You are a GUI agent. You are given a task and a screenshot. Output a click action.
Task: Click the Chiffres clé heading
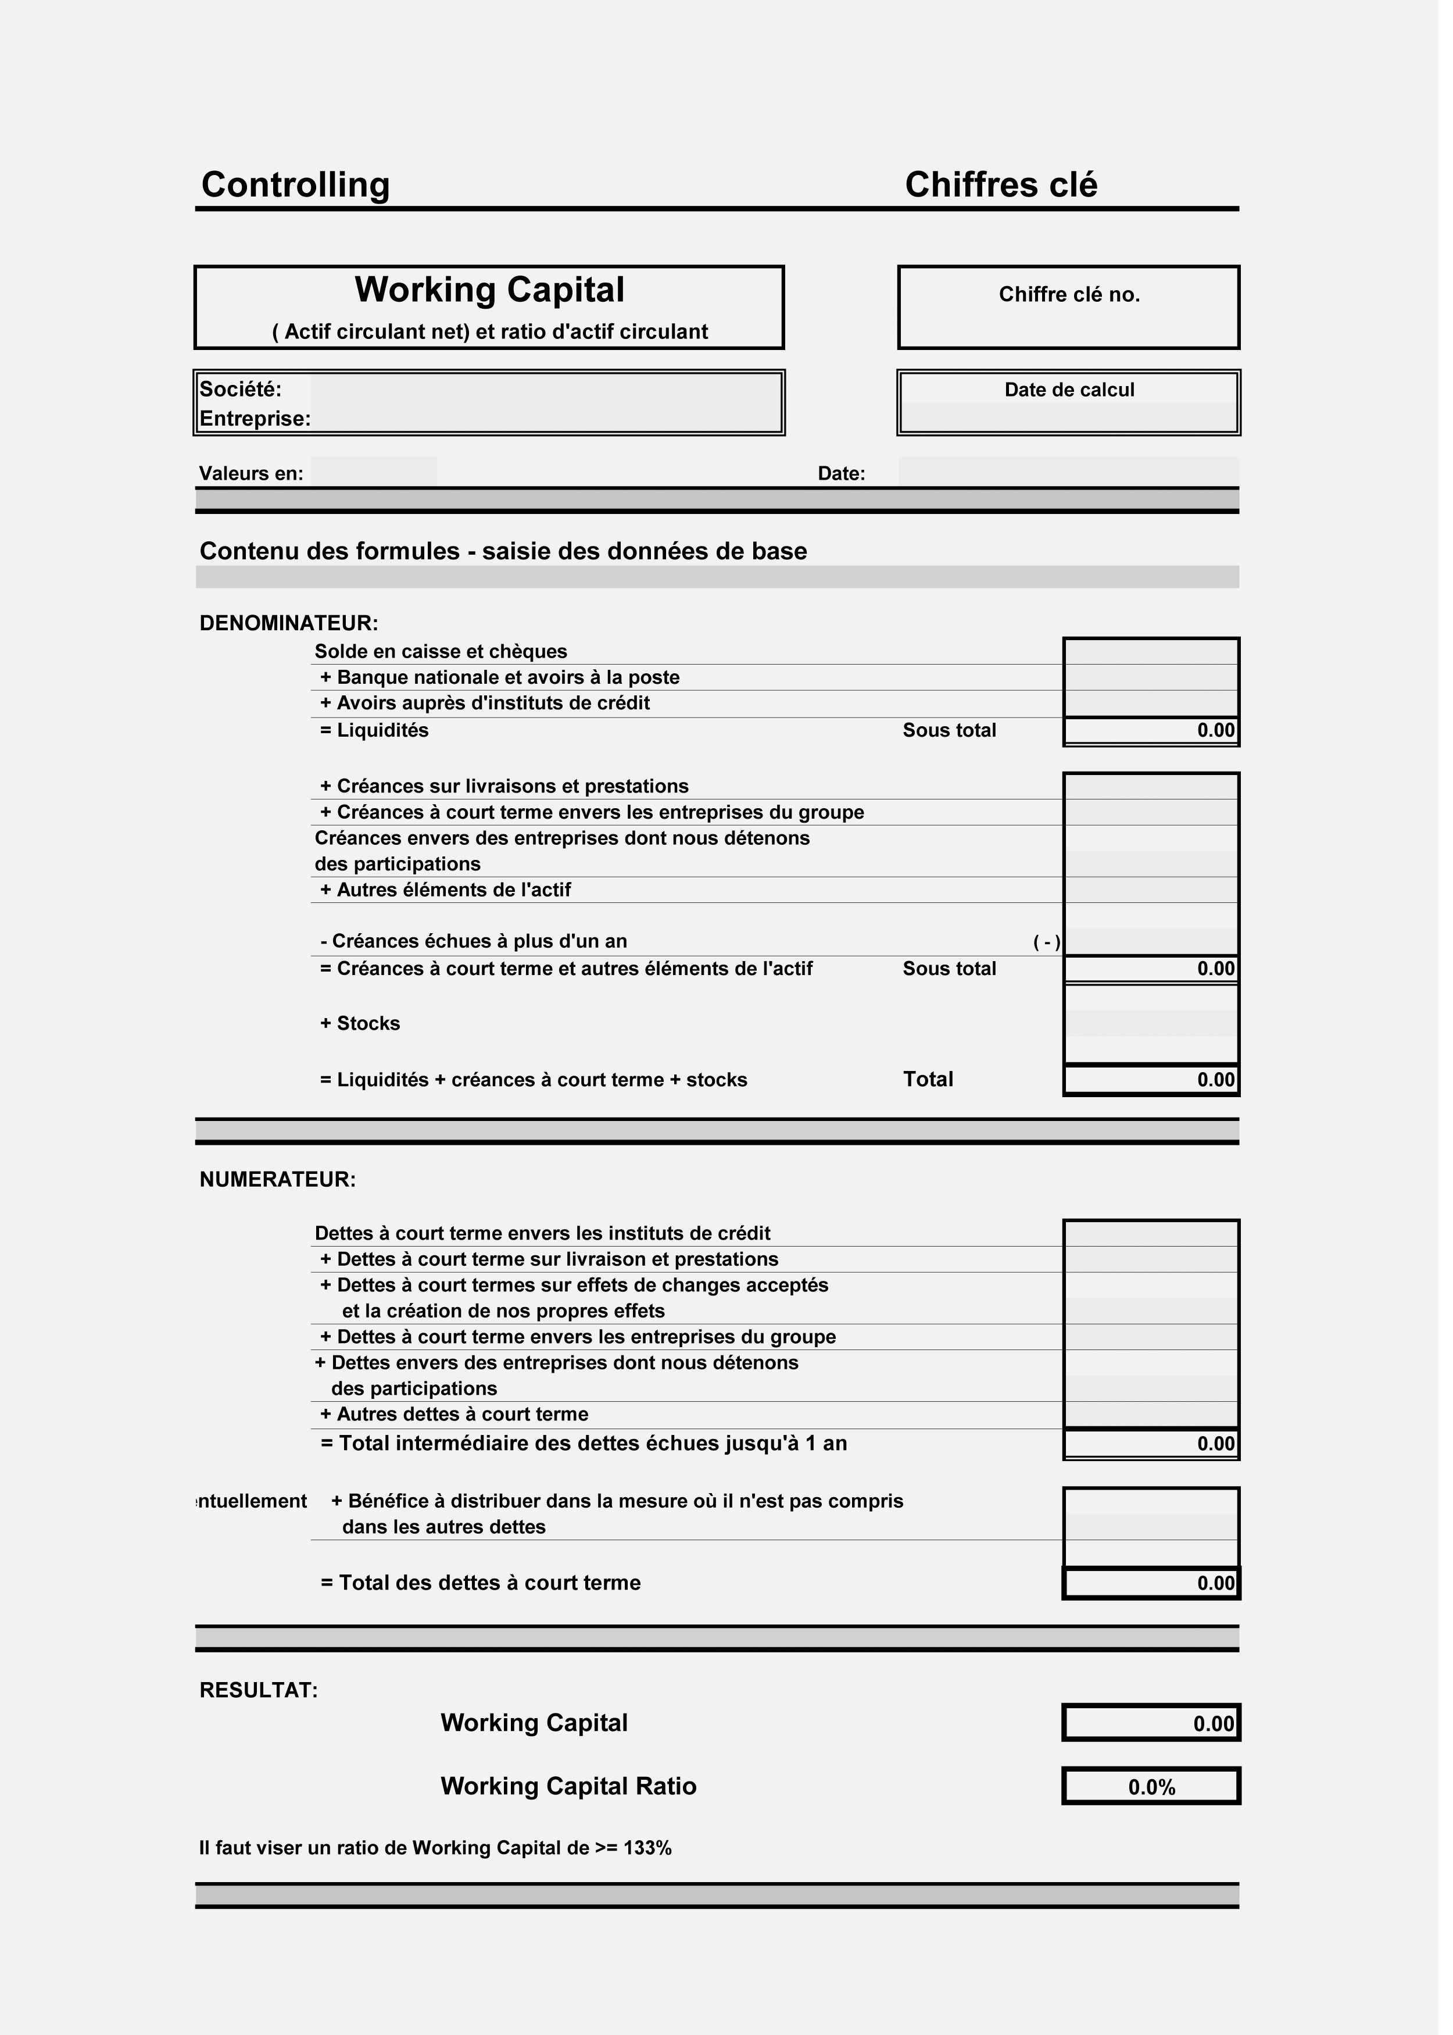click(x=1010, y=186)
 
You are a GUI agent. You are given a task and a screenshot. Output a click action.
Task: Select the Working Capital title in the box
click(x=494, y=292)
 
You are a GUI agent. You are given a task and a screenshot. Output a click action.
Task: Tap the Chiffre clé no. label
click(x=1080, y=297)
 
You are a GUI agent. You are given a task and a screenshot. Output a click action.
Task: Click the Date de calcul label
click(x=1080, y=393)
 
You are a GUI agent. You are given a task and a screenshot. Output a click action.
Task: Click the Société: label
click(x=242, y=393)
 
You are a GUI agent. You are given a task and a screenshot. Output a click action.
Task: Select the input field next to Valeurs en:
click(x=377, y=476)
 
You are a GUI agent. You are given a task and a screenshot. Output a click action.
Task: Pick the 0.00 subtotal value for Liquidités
click(x=1227, y=737)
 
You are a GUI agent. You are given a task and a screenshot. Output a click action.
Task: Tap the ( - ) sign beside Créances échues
click(x=1057, y=951)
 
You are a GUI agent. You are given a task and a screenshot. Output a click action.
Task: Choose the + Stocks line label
click(x=363, y=1034)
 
